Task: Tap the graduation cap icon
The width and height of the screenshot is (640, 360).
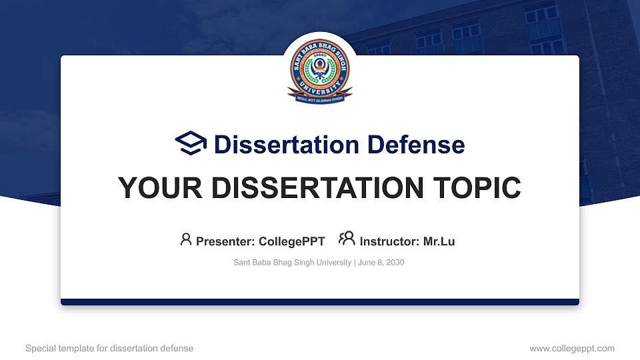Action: tap(191, 143)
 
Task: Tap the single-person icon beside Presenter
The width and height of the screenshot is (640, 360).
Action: tap(186, 239)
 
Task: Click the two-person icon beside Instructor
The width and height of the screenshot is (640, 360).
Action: tap(347, 239)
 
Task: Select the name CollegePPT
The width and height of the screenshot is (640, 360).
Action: tap(292, 241)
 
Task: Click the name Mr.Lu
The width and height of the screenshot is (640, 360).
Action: tap(439, 241)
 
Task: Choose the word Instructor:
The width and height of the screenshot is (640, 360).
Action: tap(389, 241)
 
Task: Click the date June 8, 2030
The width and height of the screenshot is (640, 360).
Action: tap(381, 263)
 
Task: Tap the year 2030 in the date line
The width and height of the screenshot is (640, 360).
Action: tap(395, 263)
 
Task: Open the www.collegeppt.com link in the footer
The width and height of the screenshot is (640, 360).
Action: tap(572, 348)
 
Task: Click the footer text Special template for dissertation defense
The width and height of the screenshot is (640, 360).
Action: tap(109, 348)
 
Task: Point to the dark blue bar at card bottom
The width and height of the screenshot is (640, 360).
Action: tap(320, 302)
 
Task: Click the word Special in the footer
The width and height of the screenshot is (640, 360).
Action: tap(39, 348)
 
